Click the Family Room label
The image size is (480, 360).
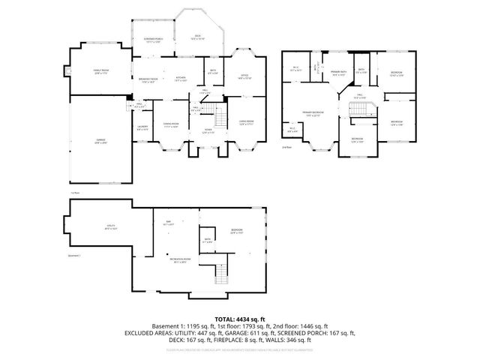point(101,72)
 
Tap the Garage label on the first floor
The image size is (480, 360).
point(100,142)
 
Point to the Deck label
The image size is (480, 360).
point(198,35)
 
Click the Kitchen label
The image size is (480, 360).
point(181,79)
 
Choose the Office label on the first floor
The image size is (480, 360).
point(244,76)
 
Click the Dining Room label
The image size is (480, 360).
point(172,125)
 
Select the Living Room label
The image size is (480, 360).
point(247,125)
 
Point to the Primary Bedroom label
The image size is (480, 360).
point(311,114)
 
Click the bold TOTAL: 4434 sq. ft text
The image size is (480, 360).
point(240,319)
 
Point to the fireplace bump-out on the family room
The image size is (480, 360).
point(67,73)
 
